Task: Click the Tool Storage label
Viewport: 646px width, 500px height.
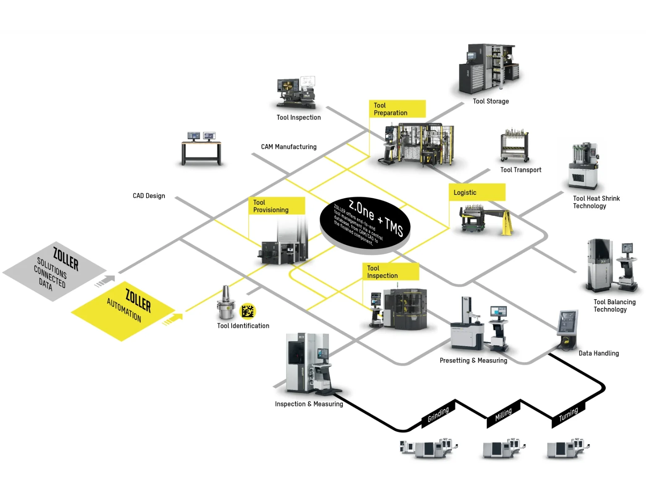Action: pyautogui.click(x=491, y=101)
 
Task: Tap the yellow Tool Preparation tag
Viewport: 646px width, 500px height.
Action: pyautogui.click(x=397, y=109)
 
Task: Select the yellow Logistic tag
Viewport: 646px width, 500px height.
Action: pyautogui.click(x=477, y=192)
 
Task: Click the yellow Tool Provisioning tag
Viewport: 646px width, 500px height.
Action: pyautogui.click(x=276, y=206)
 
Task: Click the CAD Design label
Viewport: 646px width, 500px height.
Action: pyautogui.click(x=149, y=196)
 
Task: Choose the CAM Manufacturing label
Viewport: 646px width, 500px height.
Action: pyautogui.click(x=289, y=147)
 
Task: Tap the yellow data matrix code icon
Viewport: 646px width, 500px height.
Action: pyautogui.click(x=247, y=311)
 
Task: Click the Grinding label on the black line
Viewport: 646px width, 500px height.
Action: pyautogui.click(x=438, y=415)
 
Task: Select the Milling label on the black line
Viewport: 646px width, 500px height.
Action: pyautogui.click(x=503, y=414)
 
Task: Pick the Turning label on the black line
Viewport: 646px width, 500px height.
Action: pyautogui.click(x=568, y=414)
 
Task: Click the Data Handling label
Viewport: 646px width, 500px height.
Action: pyautogui.click(x=599, y=353)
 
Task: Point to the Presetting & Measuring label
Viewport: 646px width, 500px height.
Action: pyautogui.click(x=473, y=360)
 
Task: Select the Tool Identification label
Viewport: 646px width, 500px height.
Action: pyautogui.click(x=243, y=326)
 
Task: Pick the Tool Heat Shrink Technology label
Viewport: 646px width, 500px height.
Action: pyautogui.click(x=596, y=202)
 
